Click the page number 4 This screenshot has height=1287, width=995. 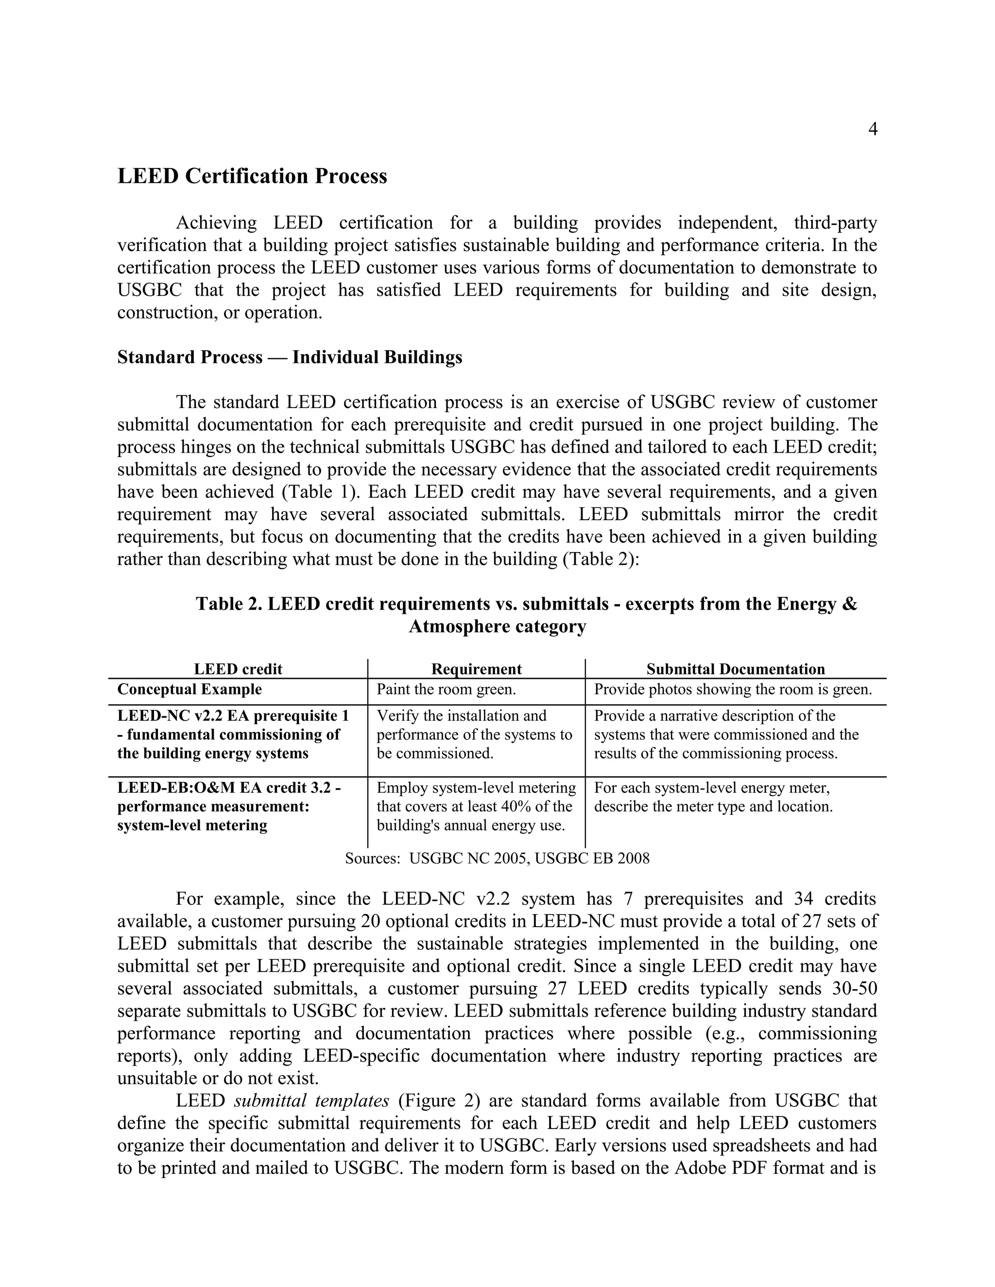tap(873, 130)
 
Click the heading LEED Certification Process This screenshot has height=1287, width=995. tap(252, 176)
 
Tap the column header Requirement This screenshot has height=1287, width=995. tap(476, 669)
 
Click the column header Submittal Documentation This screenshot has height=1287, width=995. tap(735, 669)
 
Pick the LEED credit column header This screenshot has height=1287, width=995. tap(238, 669)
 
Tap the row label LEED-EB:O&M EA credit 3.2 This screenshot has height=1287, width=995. tap(229, 788)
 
